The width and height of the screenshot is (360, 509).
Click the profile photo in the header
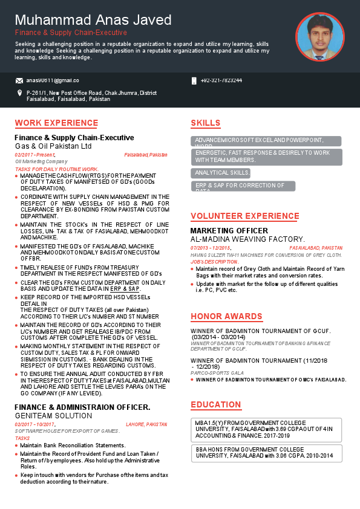pyautogui.click(x=319, y=37)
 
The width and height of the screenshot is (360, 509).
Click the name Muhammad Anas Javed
pyautogui.click(x=93, y=20)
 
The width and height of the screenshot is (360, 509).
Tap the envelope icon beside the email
pyautogui.click(x=19, y=80)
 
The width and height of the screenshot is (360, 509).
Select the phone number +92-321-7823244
pyautogui.click(x=221, y=80)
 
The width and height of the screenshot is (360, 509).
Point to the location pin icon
pyautogui.click(x=20, y=93)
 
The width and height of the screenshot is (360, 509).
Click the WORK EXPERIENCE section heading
pyautogui.click(x=56, y=123)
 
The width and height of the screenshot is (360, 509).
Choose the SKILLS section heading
pyautogui.click(x=206, y=123)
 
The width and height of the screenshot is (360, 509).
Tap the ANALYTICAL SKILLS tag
pyautogui.click(x=221, y=173)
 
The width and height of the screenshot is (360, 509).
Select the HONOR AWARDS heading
pyautogui.click(x=226, y=316)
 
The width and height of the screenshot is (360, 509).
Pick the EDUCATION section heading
pyautogui.click(x=216, y=404)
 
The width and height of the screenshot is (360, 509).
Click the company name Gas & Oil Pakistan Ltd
pyautogui.click(x=53, y=146)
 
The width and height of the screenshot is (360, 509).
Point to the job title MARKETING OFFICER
pyautogui.click(x=229, y=231)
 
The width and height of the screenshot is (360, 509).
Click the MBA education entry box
pyautogui.click(x=266, y=429)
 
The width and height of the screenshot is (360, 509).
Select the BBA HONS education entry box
pyautogui.click(x=266, y=453)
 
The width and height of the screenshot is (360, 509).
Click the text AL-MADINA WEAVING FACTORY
pyautogui.click(x=248, y=239)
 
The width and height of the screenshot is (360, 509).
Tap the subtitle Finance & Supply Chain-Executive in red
pyautogui.click(x=71, y=33)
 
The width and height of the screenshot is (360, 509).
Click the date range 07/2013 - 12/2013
pyautogui.click(x=211, y=248)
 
